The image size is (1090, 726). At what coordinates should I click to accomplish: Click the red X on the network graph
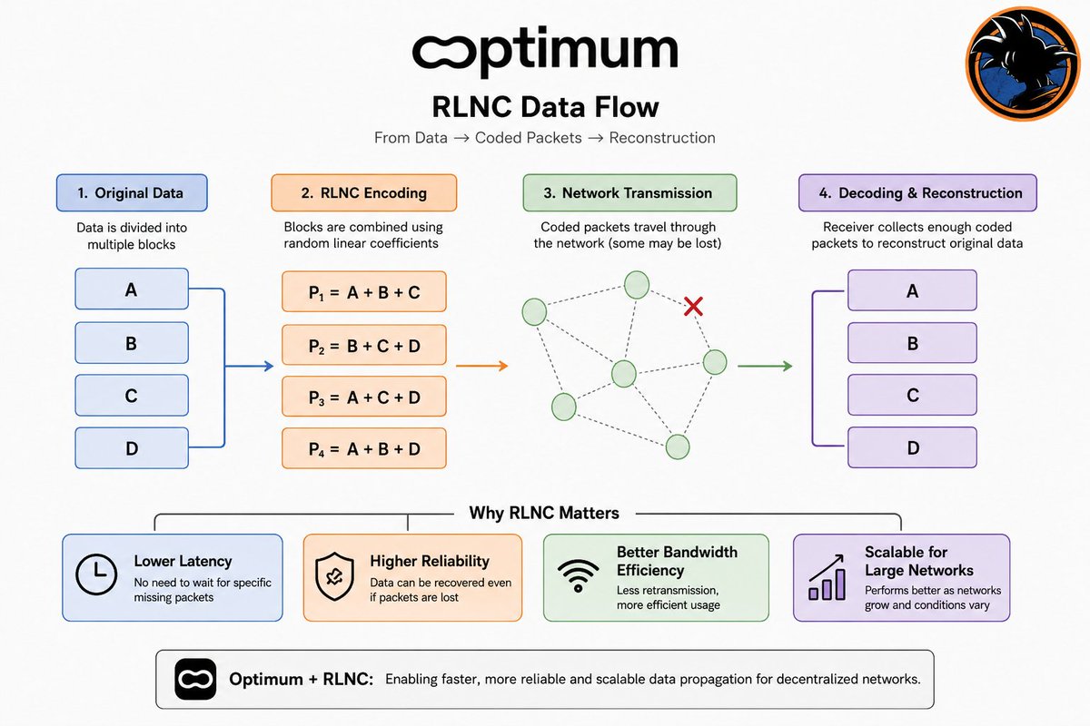[693, 307]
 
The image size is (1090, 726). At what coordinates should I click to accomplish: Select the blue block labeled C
[132, 396]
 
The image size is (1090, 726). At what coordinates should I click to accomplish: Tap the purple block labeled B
[912, 343]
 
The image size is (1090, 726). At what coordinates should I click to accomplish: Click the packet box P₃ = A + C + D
[364, 397]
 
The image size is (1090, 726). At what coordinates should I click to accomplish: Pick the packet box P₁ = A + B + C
[364, 292]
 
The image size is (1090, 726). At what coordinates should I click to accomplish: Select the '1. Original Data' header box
[132, 192]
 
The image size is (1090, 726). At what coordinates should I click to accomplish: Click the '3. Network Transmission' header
[629, 192]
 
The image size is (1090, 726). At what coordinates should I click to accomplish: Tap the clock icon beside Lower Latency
[96, 574]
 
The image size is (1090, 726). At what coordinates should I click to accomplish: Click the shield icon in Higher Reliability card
[334, 576]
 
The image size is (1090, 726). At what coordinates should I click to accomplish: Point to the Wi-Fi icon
[578, 575]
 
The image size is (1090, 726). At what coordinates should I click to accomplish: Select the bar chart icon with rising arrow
[827, 577]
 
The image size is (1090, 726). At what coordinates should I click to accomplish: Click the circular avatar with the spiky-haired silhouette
[1022, 64]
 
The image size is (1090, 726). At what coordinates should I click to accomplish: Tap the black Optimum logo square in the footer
[195, 679]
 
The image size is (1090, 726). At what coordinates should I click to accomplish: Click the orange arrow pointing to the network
[481, 366]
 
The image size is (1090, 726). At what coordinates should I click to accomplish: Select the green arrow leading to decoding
[765, 366]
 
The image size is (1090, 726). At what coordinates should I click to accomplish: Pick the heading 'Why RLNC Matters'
[544, 513]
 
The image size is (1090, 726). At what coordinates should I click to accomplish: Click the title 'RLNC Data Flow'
[545, 107]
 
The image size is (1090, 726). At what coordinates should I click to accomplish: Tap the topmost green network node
[637, 284]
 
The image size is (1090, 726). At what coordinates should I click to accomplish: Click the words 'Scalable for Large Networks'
[918, 561]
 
